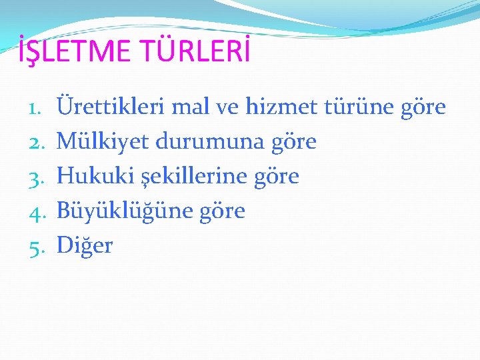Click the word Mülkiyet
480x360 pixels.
(103, 141)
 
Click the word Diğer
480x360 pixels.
(85, 246)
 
